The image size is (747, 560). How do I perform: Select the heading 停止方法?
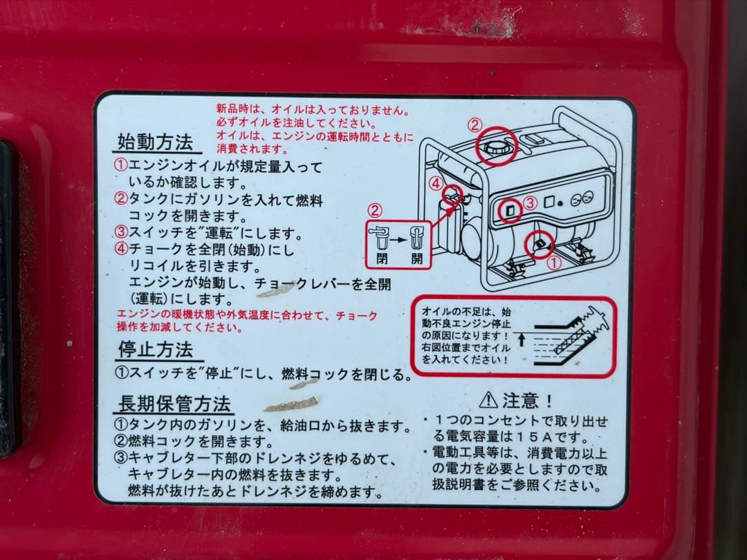(156, 349)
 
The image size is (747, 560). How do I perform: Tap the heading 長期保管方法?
(174, 403)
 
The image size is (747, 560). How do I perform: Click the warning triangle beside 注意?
(488, 400)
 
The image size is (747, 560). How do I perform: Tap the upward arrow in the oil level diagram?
(522, 339)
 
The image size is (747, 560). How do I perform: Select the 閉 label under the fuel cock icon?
(382, 259)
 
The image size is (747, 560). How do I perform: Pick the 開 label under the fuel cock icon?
(417, 259)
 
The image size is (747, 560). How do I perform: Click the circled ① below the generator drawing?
(553, 263)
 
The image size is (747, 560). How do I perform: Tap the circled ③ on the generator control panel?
(530, 203)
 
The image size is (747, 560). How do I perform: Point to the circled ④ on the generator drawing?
(435, 183)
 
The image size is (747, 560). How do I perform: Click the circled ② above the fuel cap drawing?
(474, 125)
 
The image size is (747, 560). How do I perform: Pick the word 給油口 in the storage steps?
(300, 425)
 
